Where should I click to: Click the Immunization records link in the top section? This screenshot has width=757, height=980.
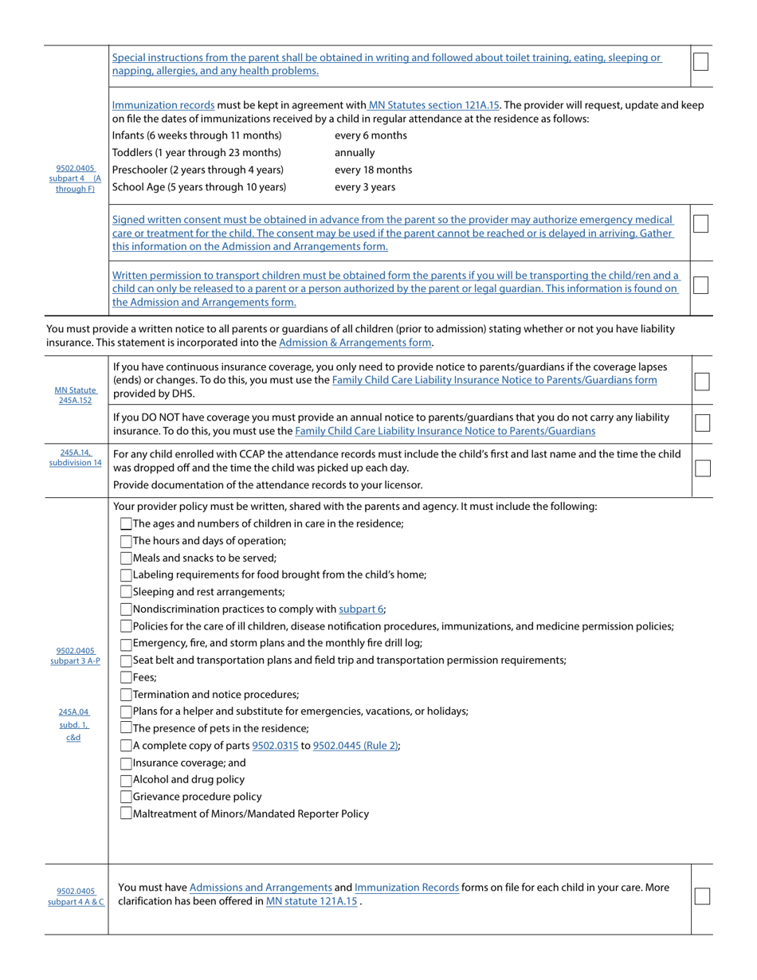pyautogui.click(x=163, y=104)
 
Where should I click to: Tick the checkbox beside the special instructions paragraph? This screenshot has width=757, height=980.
pyautogui.click(x=700, y=61)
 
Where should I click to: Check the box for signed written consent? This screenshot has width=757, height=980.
pyautogui.click(x=700, y=224)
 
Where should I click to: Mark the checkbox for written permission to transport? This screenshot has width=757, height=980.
pyautogui.click(x=700, y=284)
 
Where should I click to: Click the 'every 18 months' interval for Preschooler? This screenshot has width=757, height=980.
pyautogui.click(x=373, y=170)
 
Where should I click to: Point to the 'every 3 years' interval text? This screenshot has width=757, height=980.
pyautogui.click(x=364, y=187)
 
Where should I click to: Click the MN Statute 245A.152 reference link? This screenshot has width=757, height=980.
pyautogui.click(x=76, y=395)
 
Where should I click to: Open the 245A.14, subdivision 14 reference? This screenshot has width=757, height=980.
pyautogui.click(x=76, y=457)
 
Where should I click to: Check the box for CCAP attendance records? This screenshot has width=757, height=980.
pyautogui.click(x=702, y=468)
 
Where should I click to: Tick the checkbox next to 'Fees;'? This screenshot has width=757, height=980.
pyautogui.click(x=126, y=677)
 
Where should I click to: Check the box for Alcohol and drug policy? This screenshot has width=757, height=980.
pyautogui.click(x=126, y=779)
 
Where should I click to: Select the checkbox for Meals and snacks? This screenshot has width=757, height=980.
pyautogui.click(x=126, y=558)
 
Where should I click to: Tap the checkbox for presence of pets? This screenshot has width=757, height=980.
pyautogui.click(x=126, y=728)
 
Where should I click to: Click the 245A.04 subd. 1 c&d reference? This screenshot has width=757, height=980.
pyautogui.click(x=74, y=724)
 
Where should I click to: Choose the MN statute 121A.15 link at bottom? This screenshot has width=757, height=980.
pyautogui.click(x=312, y=901)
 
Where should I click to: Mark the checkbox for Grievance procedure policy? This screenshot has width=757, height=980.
pyautogui.click(x=126, y=797)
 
